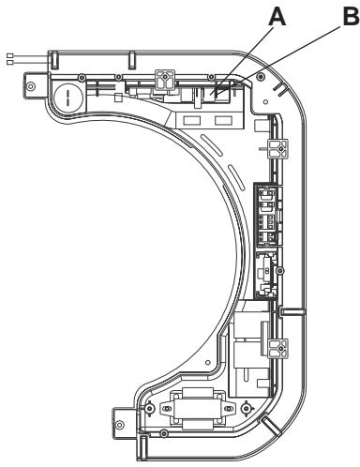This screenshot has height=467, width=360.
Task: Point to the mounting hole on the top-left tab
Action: (33, 86)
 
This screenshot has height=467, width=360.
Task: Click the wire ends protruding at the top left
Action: (9, 59)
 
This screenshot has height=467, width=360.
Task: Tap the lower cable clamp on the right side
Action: (277, 349)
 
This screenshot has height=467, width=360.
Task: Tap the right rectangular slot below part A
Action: (222, 121)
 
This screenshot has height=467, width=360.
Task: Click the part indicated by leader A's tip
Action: (217, 91)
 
